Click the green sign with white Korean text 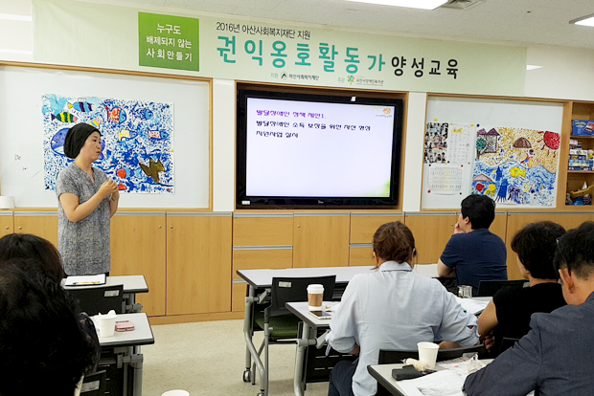point(168,41)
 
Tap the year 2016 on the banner point(227,28)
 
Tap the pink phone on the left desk point(125,325)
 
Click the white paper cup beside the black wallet point(427,355)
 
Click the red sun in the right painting point(551,140)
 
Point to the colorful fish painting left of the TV point(108,143)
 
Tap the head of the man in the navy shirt point(477,211)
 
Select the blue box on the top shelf point(582,127)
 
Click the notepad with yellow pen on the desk point(86,279)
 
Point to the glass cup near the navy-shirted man point(465,291)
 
